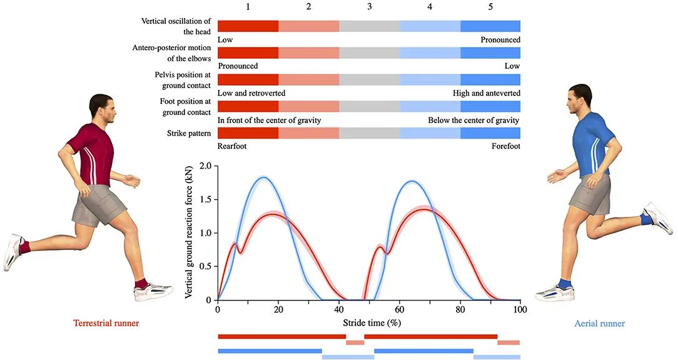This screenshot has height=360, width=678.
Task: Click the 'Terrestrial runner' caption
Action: point(106,323)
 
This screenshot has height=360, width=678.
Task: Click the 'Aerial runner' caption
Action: point(599,323)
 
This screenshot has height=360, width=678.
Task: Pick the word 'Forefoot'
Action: point(505,146)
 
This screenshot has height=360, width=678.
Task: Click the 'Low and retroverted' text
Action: point(251,93)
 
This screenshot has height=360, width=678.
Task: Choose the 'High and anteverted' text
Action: point(486,93)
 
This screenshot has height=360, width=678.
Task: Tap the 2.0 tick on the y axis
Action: point(206,166)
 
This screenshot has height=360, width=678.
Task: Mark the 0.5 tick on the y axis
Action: point(206,267)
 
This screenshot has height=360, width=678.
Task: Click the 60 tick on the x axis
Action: point(400,309)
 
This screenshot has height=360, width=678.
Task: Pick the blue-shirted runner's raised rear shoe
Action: point(659,218)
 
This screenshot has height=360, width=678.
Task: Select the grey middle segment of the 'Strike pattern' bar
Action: point(370,133)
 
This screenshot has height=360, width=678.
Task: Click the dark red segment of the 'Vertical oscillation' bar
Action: point(248,26)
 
